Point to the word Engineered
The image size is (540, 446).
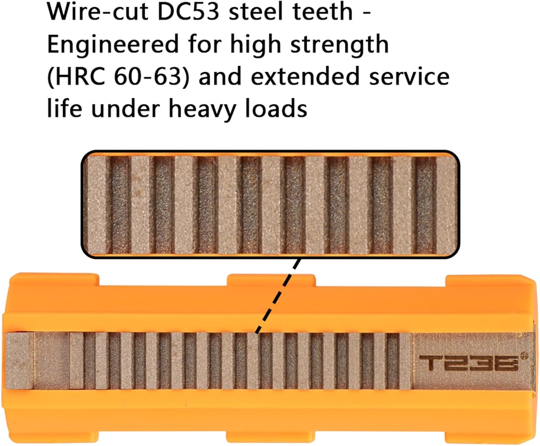click(113, 45)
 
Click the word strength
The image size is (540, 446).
click(339, 45)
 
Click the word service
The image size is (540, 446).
click(409, 77)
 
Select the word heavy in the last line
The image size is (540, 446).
click(202, 109)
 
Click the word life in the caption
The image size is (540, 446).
click(65, 109)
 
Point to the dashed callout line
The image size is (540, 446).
click(278, 296)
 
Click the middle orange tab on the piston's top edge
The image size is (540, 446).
click(271, 280)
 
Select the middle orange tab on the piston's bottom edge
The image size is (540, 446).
click(270, 438)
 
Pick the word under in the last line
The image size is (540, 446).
click(125, 109)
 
